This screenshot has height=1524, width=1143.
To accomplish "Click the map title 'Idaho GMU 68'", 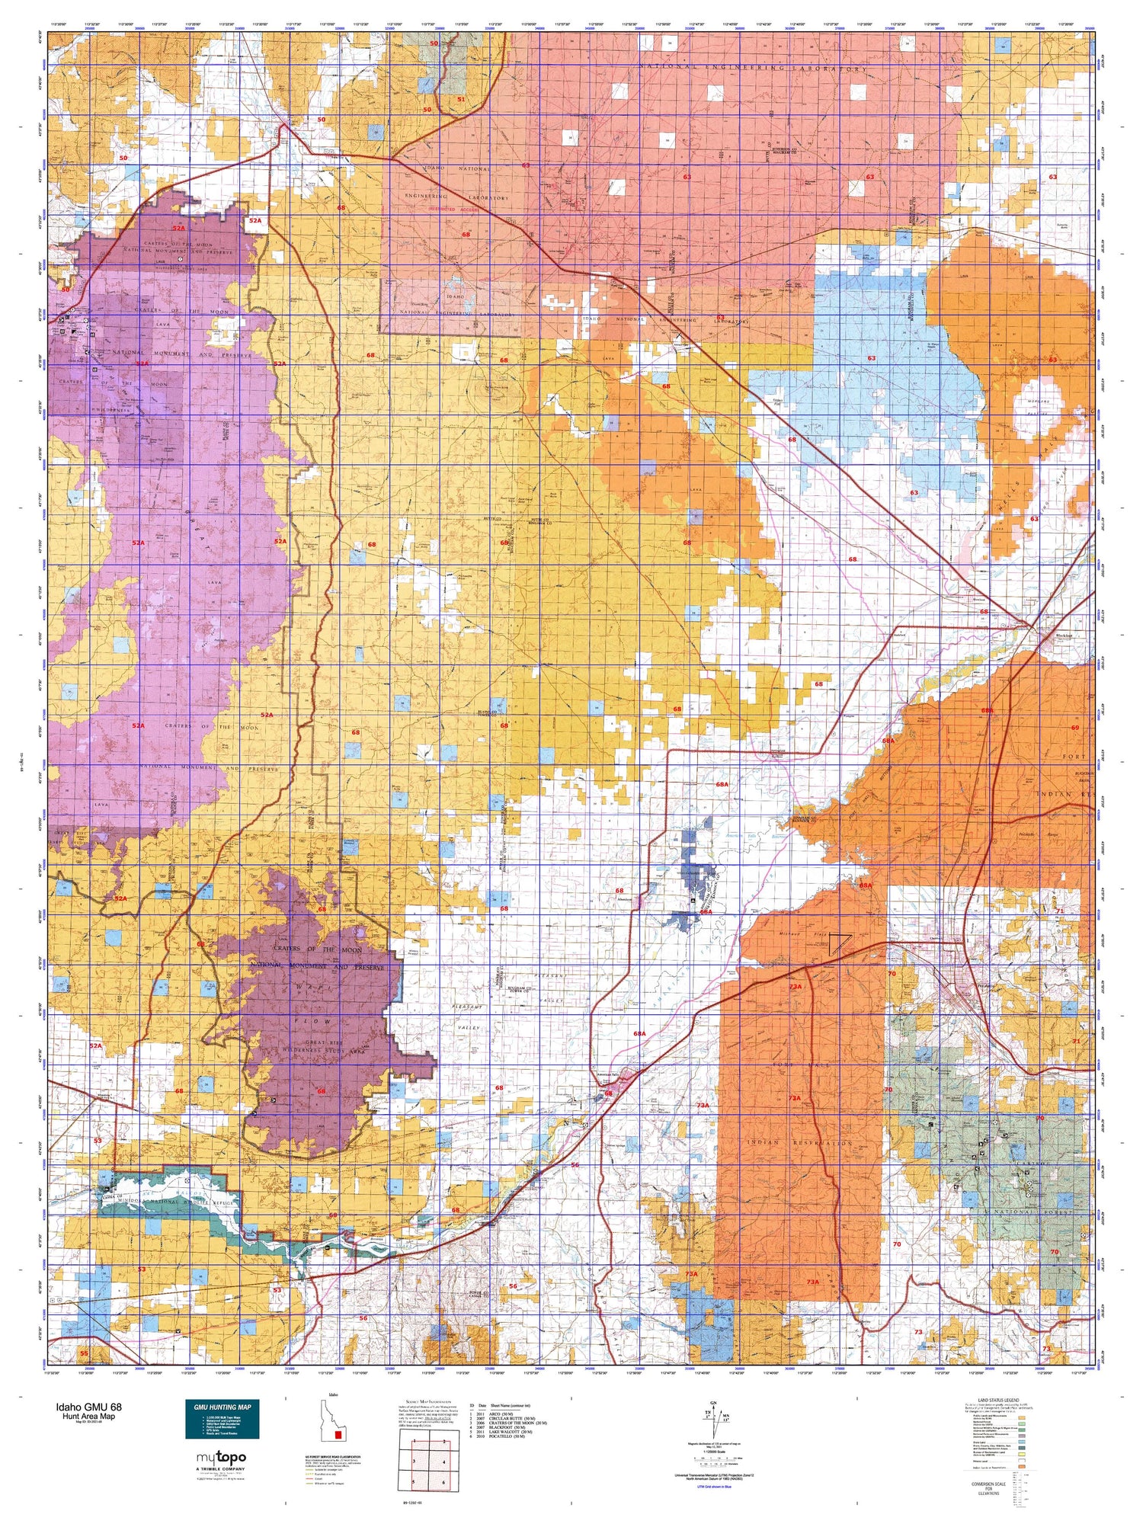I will pyautogui.click(x=88, y=1407).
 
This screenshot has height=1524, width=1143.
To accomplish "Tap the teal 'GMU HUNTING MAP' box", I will pyautogui.click(x=222, y=1419).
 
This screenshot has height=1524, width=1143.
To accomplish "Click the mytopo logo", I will pyautogui.click(x=222, y=1458).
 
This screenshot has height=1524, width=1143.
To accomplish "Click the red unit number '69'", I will pyautogui.click(x=1075, y=728).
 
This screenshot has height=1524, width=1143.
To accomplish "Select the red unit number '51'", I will pyautogui.click(x=460, y=99).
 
